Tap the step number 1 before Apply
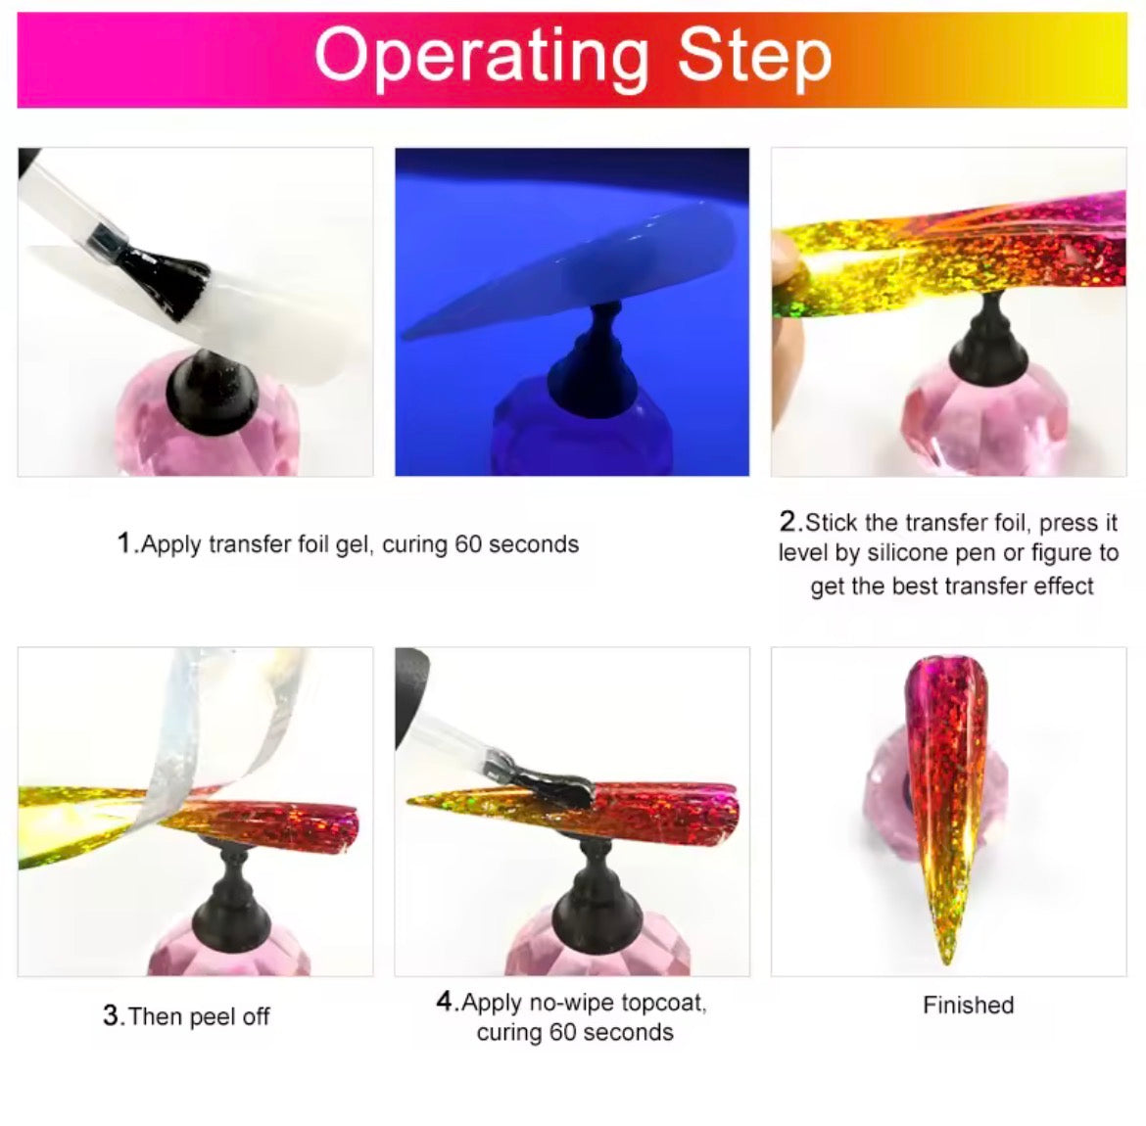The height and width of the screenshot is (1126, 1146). coord(124,543)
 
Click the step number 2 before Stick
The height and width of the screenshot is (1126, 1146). coord(789,521)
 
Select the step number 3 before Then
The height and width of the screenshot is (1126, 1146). coord(112,1015)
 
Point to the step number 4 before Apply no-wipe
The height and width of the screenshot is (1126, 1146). coord(446,1002)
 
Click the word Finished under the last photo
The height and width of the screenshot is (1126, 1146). coord(968,1005)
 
